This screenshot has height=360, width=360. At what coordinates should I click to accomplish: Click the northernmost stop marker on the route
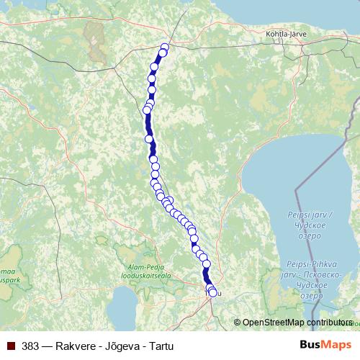164,48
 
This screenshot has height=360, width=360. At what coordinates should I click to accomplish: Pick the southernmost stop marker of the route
212,292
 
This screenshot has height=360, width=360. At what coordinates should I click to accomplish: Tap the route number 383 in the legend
30,346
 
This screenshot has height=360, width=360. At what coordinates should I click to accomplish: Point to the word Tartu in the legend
162,346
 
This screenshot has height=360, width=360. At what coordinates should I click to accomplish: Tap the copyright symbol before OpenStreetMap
238,323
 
